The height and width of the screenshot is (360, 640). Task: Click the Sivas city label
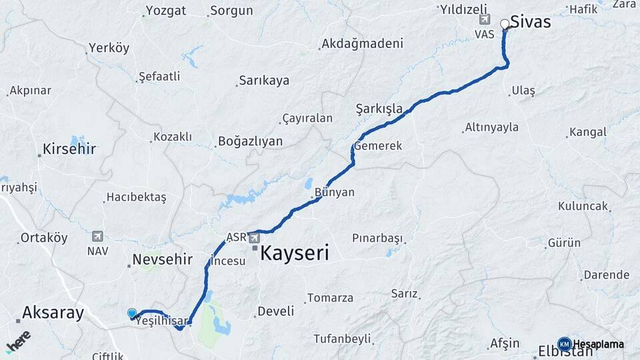click(x=531, y=22)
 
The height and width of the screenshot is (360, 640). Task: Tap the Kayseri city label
click(x=294, y=253)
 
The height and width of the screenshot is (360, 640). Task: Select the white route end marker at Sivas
click(x=505, y=24)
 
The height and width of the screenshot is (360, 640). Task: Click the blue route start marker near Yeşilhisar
click(x=132, y=313)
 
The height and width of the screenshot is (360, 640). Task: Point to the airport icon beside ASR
click(x=254, y=237)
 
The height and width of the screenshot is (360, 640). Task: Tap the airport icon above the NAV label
click(x=98, y=236)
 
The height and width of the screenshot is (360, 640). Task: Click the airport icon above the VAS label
click(x=484, y=20)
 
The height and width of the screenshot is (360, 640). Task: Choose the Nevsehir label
click(x=163, y=259)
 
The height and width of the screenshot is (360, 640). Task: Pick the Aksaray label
click(x=53, y=312)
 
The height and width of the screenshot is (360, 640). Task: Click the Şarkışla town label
click(x=379, y=109)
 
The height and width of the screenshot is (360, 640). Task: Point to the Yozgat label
click(x=166, y=11)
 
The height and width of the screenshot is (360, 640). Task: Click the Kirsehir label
click(x=69, y=149)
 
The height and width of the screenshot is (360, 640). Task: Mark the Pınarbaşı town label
click(x=378, y=238)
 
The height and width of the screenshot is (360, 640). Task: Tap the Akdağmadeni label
click(x=362, y=44)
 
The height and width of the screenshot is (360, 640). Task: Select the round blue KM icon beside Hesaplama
click(x=564, y=344)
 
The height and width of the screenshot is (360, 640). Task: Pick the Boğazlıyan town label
click(x=250, y=141)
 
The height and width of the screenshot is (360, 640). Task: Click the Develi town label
click(x=275, y=311)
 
